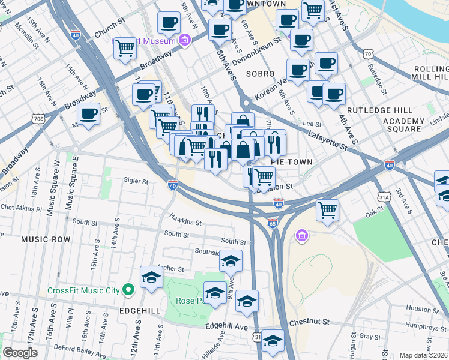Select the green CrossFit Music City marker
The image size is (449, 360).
click(128, 290)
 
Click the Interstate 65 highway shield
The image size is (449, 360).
click(272, 223)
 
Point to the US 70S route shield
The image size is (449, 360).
click(40, 119)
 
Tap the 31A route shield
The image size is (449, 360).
click(385, 196)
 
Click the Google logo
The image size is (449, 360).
click(20, 353)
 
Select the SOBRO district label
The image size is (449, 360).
click(260, 74)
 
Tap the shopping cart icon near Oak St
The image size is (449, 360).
click(327, 210)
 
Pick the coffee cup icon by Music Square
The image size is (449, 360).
click(88, 113)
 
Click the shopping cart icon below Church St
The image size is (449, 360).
click(124, 47)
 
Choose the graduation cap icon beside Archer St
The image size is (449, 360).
click(151, 278)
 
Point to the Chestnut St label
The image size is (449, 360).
click(309, 322)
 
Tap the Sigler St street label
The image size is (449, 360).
click(136, 180)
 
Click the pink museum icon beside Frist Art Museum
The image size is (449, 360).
click(185, 41)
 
